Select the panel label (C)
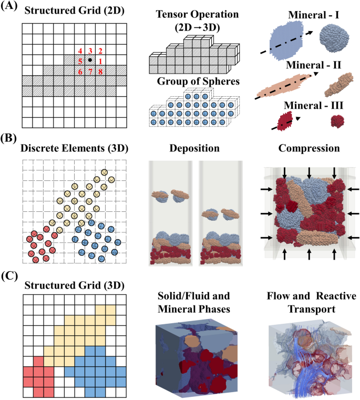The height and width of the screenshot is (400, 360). pyautogui.click(x=11, y=274)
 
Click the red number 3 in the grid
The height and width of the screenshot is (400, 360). pyautogui.click(x=90, y=51)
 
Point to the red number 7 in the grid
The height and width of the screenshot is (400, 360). pyautogui.click(x=90, y=71)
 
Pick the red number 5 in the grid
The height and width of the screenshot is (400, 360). pyautogui.click(x=80, y=61)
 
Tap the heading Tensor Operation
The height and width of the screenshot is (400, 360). pyautogui.click(x=193, y=13)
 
